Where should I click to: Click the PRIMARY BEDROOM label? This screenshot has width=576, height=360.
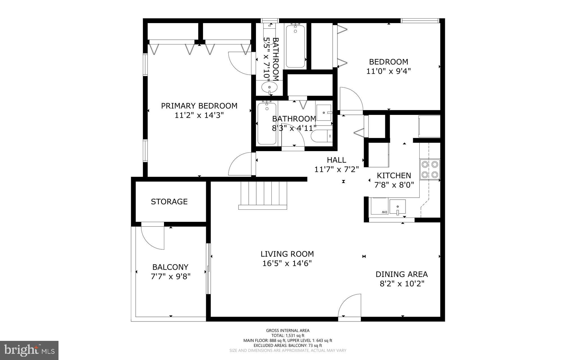[x=199, y=106]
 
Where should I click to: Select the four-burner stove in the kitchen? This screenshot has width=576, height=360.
[x=429, y=169]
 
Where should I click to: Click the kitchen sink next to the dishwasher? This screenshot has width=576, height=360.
[x=397, y=207]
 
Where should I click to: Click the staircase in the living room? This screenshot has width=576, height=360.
[x=263, y=195]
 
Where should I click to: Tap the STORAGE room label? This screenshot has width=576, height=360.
[x=169, y=202]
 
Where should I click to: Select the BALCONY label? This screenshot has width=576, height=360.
[x=170, y=267]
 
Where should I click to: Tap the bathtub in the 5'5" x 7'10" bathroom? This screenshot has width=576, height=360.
[x=296, y=46]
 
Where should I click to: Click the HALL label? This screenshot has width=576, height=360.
[x=336, y=160]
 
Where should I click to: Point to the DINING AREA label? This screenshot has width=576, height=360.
[x=402, y=274]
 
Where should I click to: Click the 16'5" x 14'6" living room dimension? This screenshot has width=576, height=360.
[x=287, y=263]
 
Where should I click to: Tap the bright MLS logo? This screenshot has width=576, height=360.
[x=29, y=350]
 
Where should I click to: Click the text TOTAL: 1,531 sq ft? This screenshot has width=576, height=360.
[x=288, y=336]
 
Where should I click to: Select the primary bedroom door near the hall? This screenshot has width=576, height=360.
[x=241, y=165]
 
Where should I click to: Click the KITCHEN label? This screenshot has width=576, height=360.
[x=394, y=176]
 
